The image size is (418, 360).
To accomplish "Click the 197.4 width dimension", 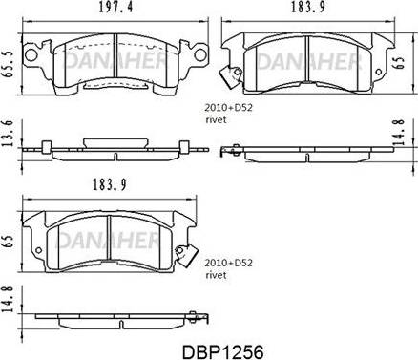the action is (x=115, y=8).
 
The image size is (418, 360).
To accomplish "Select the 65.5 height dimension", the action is (x=7, y=64).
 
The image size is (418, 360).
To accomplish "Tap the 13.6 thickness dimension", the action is (x=7, y=133).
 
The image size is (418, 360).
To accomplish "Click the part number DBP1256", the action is (x=222, y=352).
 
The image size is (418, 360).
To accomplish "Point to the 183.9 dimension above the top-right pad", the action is (x=308, y=8).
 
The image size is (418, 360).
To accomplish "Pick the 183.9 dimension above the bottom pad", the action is (x=109, y=184).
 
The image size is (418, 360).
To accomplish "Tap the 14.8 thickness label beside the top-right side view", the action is (x=399, y=132).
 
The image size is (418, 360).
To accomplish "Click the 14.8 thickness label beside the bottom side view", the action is (x=7, y=299).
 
